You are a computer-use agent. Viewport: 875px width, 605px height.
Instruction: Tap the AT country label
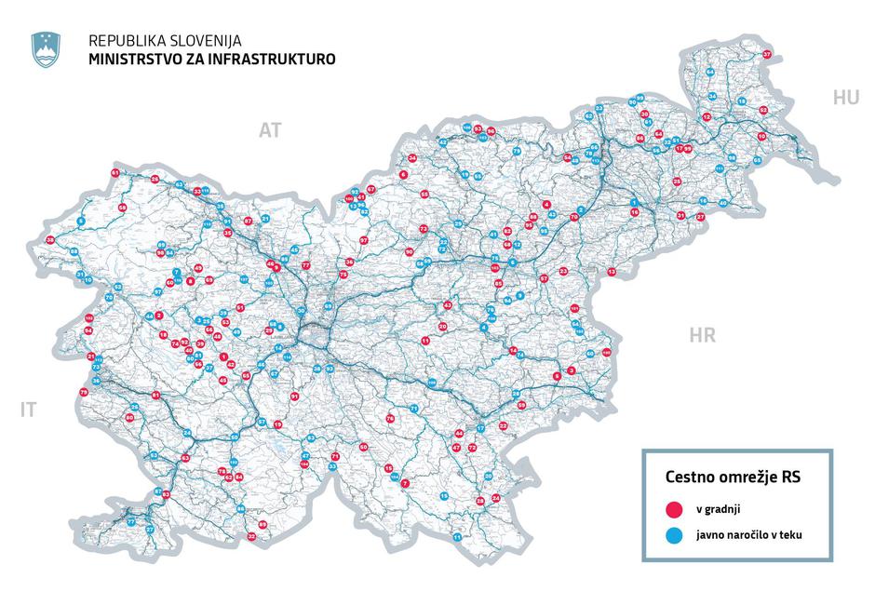(x=269, y=131)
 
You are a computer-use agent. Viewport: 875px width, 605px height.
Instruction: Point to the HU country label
(x=846, y=98)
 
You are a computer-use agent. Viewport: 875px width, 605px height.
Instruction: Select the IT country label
(x=30, y=409)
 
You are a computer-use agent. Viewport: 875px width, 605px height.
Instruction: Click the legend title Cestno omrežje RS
(x=734, y=476)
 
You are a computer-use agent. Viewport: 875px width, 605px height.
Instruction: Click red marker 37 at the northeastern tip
(x=767, y=56)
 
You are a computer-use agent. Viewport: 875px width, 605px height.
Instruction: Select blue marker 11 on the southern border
(x=457, y=538)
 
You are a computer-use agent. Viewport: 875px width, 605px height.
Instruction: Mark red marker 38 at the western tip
(x=50, y=240)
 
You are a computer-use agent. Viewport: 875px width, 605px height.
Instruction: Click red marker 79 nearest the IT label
(x=84, y=393)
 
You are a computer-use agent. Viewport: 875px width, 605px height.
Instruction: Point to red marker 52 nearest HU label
(x=763, y=110)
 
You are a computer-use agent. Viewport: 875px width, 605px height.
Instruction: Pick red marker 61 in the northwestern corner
(x=115, y=173)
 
